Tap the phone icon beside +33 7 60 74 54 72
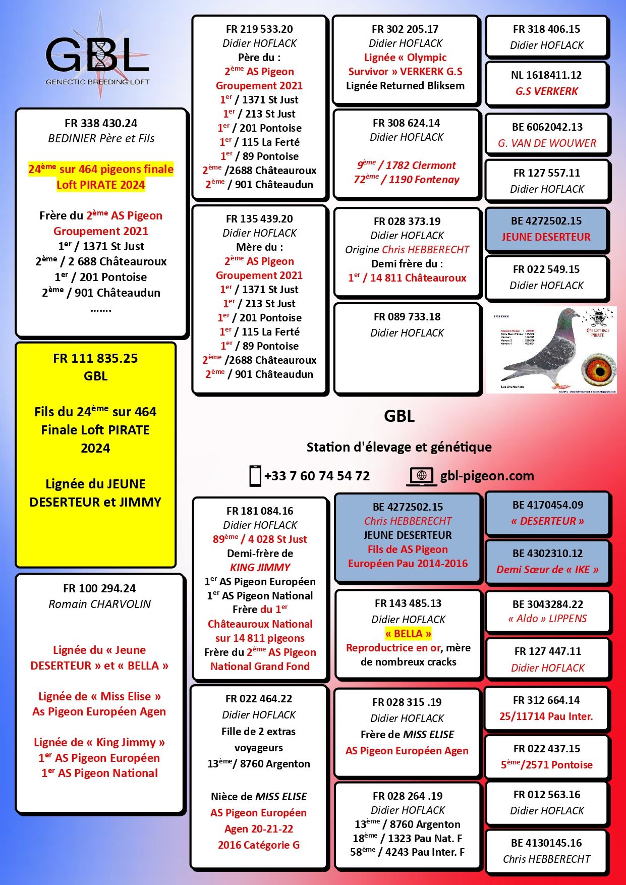pos(255,476)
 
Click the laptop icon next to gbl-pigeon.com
pos(422,476)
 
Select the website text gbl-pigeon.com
pos(487,476)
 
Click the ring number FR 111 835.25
pos(95,358)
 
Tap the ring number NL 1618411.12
pos(546,75)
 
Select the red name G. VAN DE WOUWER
pos(547,143)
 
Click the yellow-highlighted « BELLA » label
pos(408,634)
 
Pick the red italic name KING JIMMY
pos(260,568)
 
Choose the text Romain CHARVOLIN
pos(100,604)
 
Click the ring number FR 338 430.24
pos(101,123)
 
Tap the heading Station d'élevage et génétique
pos(399,447)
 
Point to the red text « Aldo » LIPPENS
pos(547,619)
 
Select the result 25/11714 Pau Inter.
pos(546,716)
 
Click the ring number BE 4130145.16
pos(546,843)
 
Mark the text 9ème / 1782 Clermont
pos(407,165)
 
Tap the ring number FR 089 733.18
pos(407,317)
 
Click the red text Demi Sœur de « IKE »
pos(547,570)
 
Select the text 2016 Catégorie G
pos(259,845)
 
